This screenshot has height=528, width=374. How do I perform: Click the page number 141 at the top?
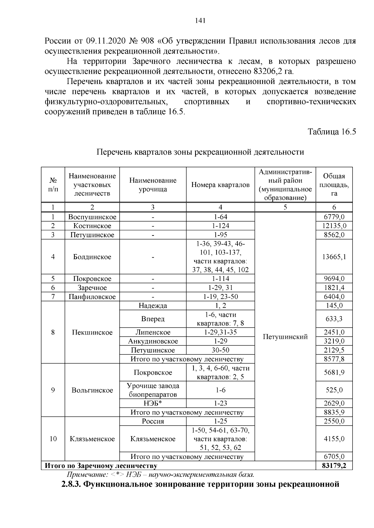click(x=200, y=21)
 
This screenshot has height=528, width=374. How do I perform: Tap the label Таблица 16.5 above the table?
click(x=332, y=132)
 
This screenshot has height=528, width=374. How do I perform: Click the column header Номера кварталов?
click(x=220, y=185)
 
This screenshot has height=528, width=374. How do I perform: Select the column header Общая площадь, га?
click(x=334, y=185)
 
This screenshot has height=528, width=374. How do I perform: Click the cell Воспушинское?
click(x=92, y=217)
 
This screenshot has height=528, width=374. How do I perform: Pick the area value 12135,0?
click(x=334, y=226)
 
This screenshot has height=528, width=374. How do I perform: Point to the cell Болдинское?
click(x=92, y=257)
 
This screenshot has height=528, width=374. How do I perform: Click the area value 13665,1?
click(x=334, y=257)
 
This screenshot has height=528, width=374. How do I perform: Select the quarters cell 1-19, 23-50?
click(x=220, y=297)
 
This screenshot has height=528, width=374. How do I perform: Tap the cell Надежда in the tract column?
click(x=153, y=306)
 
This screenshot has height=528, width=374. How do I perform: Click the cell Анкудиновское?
click(x=153, y=341)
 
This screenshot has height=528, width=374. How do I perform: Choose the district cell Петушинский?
click(x=285, y=337)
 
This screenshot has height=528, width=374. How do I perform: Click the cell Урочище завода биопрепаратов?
click(x=153, y=390)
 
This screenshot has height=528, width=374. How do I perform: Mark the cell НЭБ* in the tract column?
click(x=153, y=404)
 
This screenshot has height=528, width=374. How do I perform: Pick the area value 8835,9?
click(x=334, y=413)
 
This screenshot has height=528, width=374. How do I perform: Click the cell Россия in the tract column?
click(x=153, y=421)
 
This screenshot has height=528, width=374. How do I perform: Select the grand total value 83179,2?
click(x=334, y=466)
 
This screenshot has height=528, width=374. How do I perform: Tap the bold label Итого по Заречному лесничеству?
click(x=101, y=466)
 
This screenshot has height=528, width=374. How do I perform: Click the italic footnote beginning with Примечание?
click(x=161, y=475)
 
